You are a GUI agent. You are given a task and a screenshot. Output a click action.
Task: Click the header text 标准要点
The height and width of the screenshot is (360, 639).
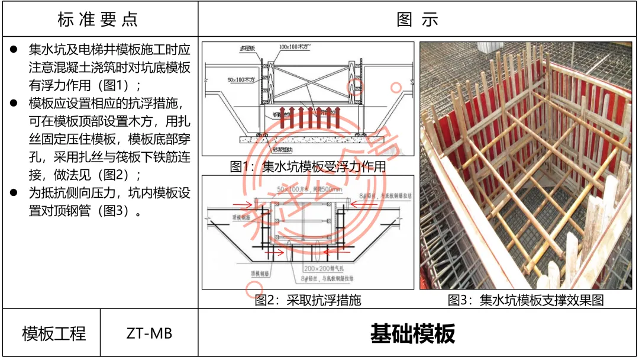coord(98,19)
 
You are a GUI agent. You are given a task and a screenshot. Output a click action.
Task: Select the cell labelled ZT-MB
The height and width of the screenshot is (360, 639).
coord(149,333)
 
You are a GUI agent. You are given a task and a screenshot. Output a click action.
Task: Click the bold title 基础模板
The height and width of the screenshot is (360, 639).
coord(412,333)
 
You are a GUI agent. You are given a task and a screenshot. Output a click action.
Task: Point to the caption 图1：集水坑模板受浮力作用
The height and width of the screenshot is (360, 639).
coord(308,166)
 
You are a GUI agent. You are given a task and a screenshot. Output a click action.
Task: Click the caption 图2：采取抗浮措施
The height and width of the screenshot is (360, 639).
coord(308,300)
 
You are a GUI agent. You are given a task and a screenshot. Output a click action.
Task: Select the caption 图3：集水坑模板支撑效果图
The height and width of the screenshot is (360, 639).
coord(526,300)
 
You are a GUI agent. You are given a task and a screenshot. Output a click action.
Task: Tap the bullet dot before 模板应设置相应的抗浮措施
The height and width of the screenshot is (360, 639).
coord(14,104)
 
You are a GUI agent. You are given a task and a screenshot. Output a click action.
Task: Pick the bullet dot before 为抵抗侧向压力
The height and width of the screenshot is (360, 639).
coord(14,193)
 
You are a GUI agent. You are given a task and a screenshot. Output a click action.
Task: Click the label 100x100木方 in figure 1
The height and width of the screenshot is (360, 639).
coord(296,47)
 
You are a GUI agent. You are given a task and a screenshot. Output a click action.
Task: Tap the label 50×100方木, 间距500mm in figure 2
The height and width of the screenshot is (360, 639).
coord(309,188)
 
